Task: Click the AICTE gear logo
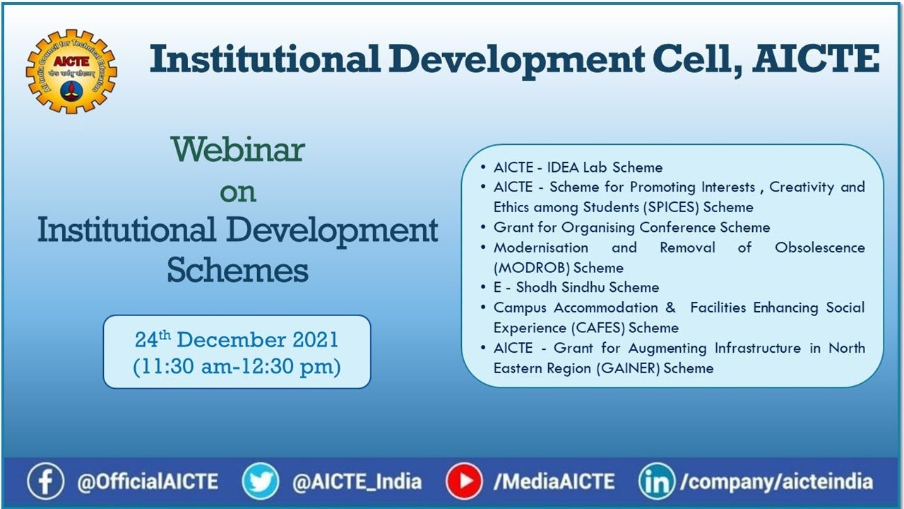[71, 71]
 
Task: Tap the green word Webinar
[237, 149]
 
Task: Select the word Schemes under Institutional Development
[237, 270]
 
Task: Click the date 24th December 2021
[237, 339]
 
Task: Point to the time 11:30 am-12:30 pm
[237, 367]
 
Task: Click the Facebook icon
[45, 482]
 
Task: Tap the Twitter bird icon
[261, 482]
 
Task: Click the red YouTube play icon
[464, 482]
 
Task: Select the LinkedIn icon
[657, 482]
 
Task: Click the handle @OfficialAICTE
[148, 483]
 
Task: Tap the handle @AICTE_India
[357, 483]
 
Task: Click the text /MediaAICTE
[554, 483]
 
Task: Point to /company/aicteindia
[777, 483]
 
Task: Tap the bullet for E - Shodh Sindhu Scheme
[483, 288]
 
